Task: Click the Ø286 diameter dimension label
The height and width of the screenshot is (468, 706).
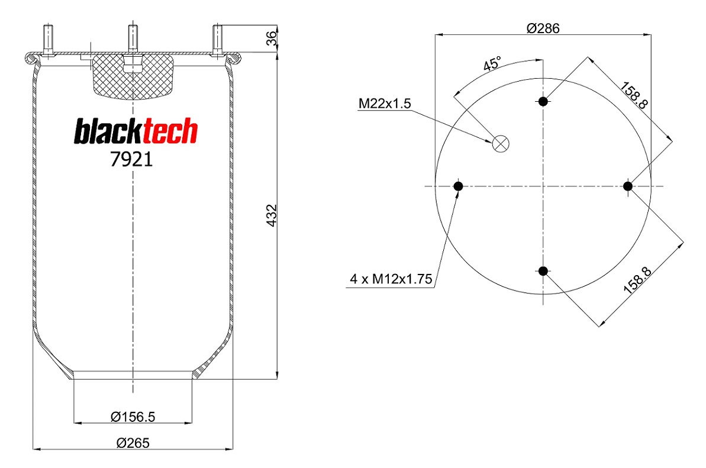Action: [x=543, y=28]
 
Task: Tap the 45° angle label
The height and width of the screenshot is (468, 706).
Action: [x=492, y=64]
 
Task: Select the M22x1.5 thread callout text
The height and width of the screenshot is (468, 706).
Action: [x=385, y=104]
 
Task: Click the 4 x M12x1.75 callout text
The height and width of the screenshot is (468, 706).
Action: [x=391, y=279]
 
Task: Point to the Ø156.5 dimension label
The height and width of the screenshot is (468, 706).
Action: [x=133, y=417]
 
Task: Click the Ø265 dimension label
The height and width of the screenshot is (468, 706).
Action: [x=133, y=443]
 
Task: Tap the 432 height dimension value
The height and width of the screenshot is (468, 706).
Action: [x=272, y=215]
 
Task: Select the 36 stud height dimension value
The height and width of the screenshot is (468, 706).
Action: [x=272, y=38]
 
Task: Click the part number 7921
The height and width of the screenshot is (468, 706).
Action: [x=131, y=159]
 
